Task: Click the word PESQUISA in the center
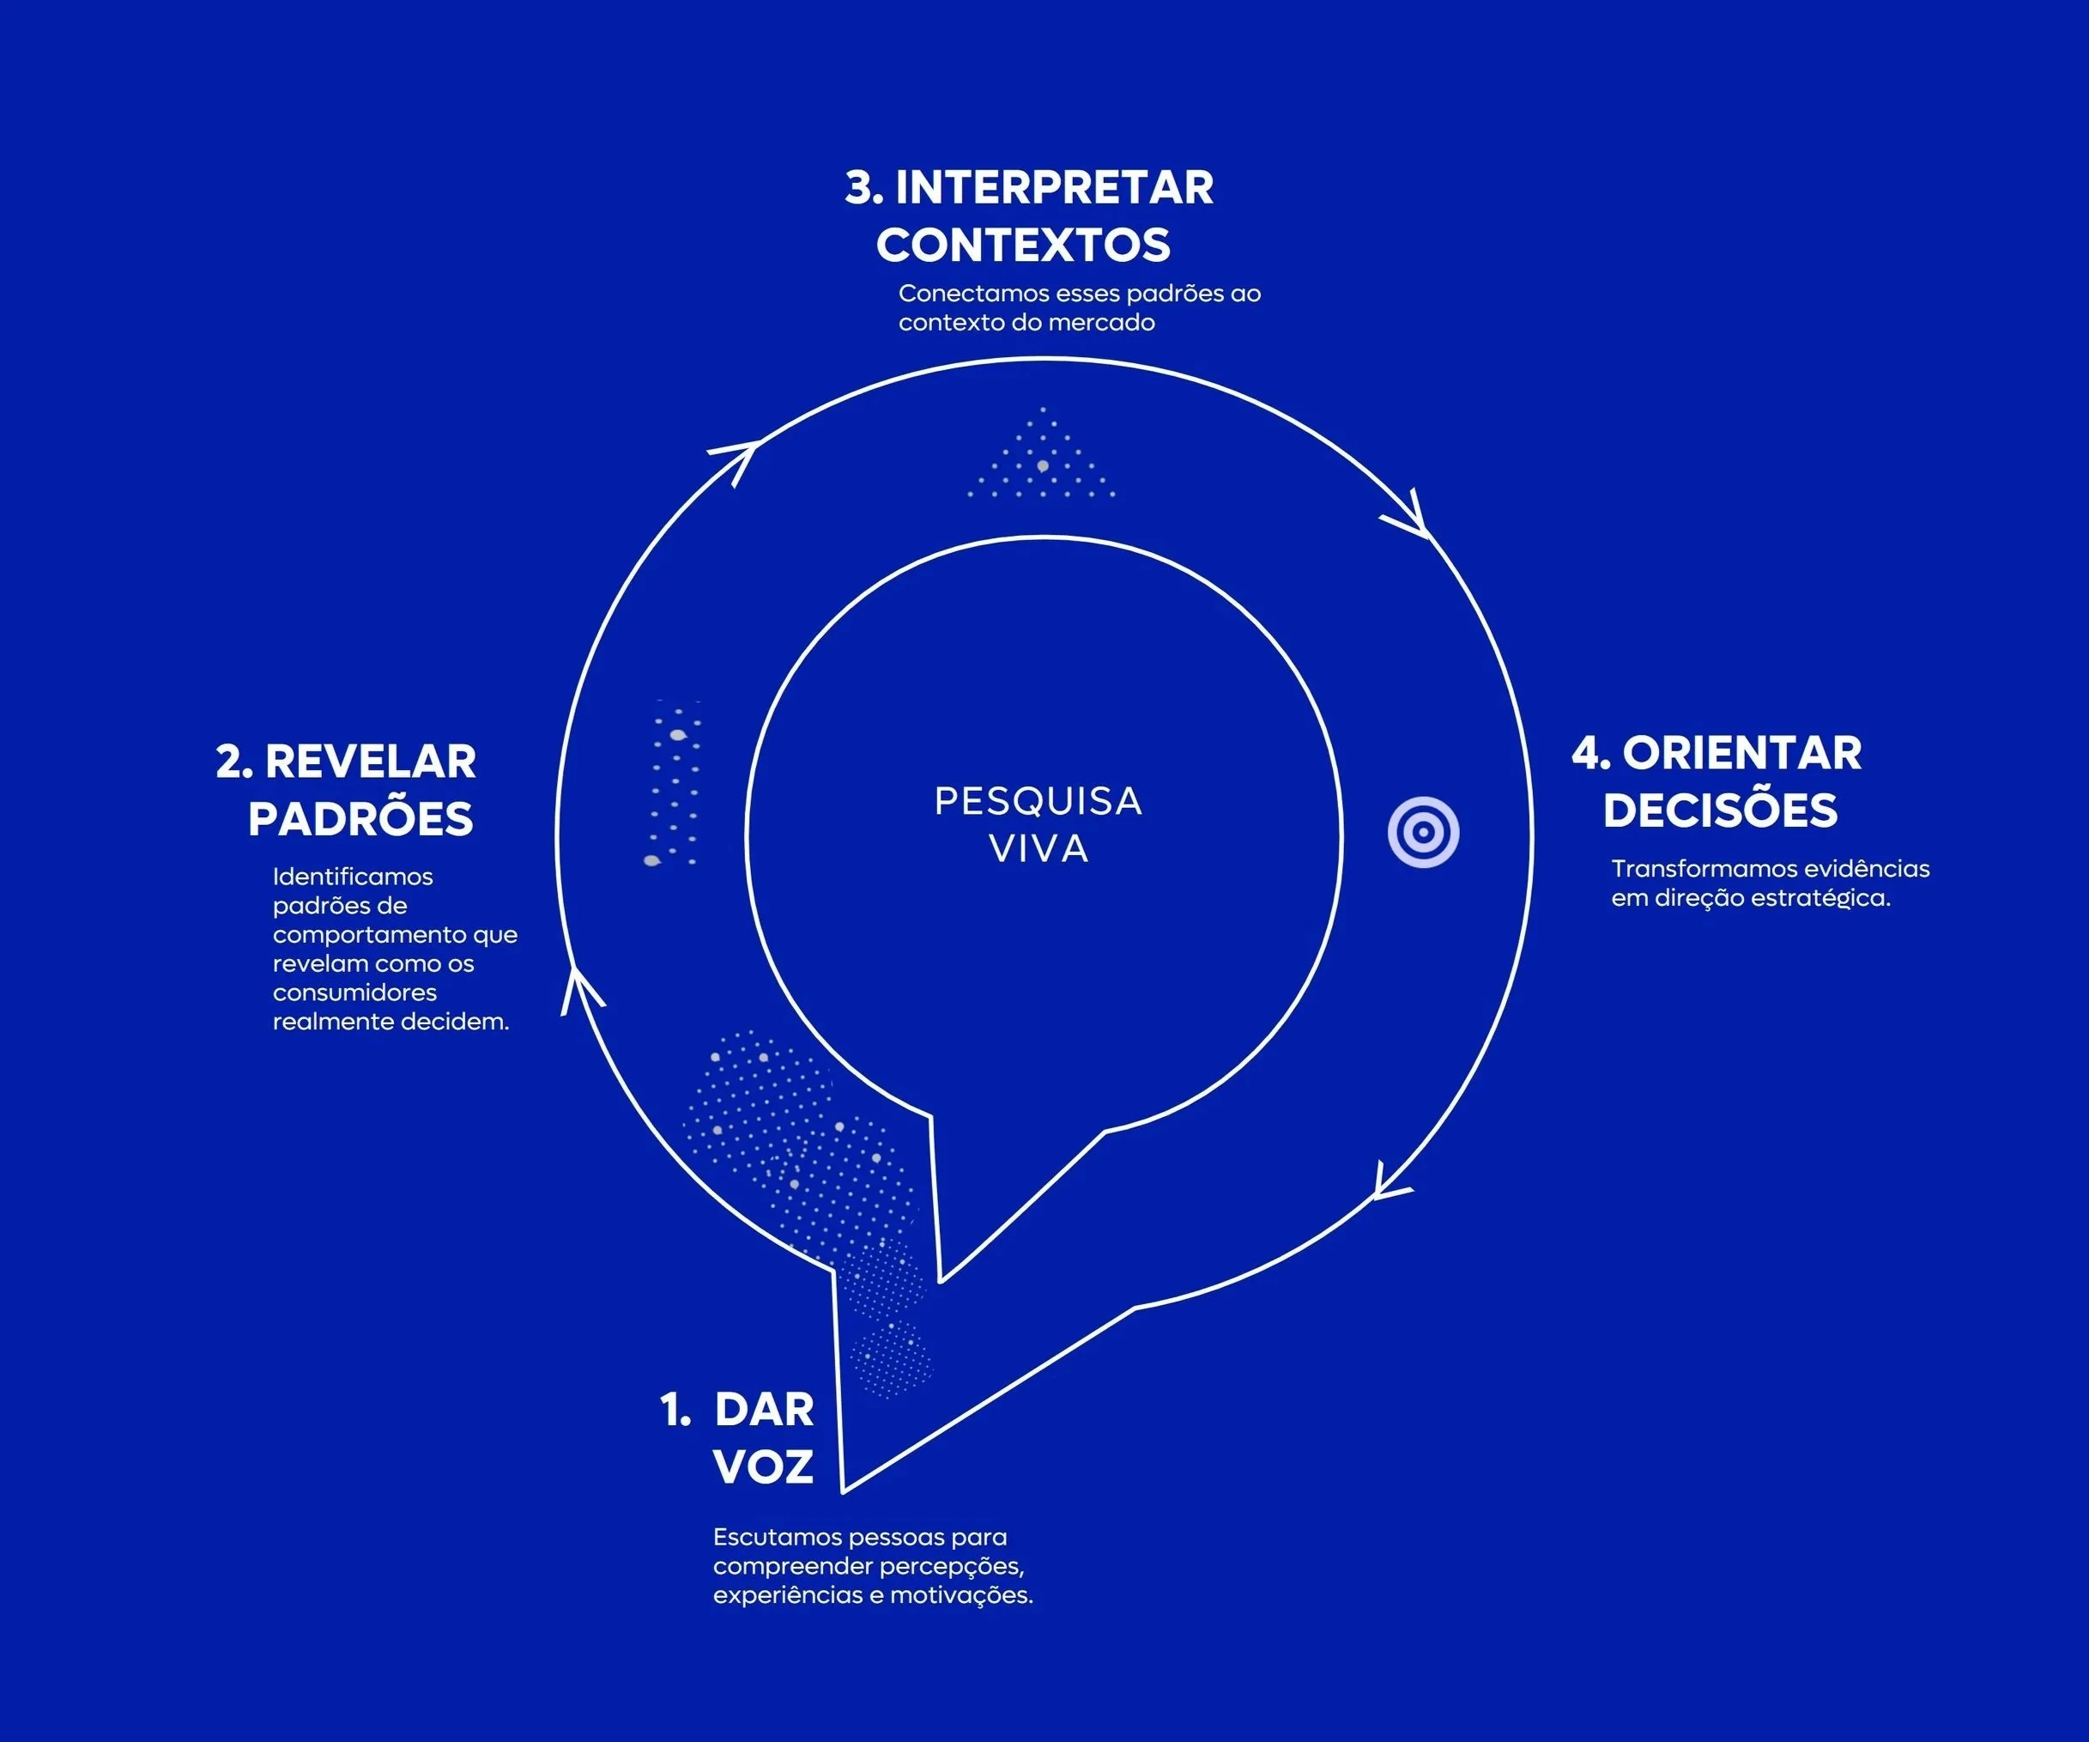(1038, 801)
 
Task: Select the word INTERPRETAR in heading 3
(1055, 188)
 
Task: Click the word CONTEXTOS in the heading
(1023, 246)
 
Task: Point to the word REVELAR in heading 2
(370, 762)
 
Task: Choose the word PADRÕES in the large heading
(360, 819)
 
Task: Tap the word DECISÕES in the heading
(1720, 810)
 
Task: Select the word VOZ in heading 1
(763, 1466)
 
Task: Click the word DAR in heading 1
(764, 1410)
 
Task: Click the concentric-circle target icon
(1424, 832)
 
